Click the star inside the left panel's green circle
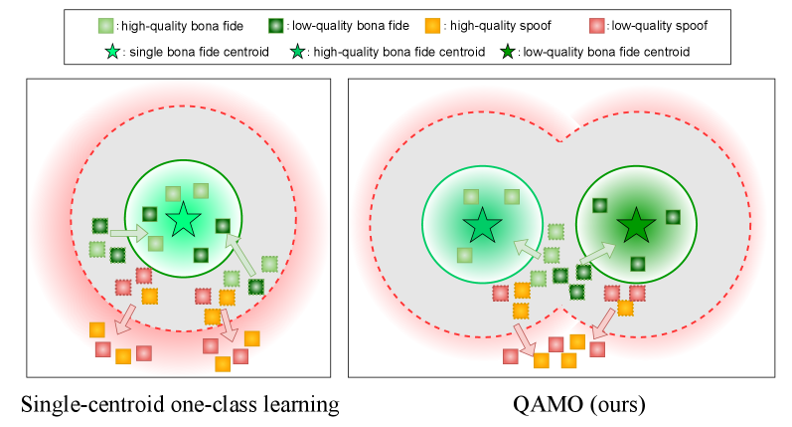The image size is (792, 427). pos(183,221)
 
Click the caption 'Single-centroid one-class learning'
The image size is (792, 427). pos(180,404)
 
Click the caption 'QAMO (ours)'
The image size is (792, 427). pos(561,404)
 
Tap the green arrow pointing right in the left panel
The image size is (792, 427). pos(125,232)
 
